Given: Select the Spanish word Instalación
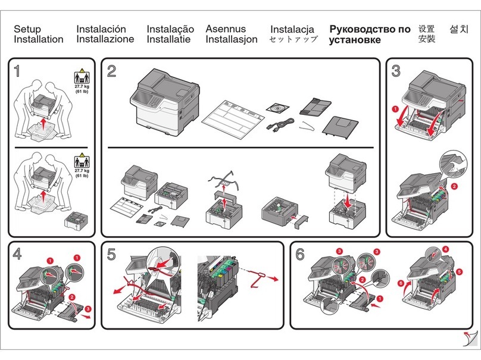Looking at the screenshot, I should pos(101,29).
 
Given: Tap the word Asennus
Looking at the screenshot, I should pos(226,29).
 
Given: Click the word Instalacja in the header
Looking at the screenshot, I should pos(292,29).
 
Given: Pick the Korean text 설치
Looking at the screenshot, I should pos(458,29).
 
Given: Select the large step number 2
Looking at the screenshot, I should pos(112,71).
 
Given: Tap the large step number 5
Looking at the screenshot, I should pos(112,255).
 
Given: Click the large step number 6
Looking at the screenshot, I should pos(300,255).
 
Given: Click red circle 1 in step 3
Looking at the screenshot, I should pos(395,109).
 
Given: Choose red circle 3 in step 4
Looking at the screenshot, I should pos(88,308).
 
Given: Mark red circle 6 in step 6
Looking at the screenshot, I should pos(401,283).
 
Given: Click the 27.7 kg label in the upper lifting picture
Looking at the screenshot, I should pos(82,87).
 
